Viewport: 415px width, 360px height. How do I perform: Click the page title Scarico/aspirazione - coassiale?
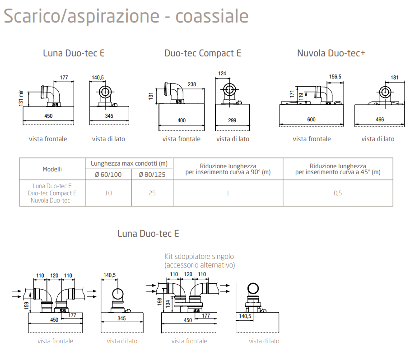click(x=126, y=16)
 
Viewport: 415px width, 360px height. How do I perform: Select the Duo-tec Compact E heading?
click(x=203, y=53)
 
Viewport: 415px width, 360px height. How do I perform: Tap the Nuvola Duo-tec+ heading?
click(x=331, y=53)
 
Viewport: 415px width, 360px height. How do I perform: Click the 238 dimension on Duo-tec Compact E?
click(x=191, y=84)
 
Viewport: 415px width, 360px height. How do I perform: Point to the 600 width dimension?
click(x=311, y=120)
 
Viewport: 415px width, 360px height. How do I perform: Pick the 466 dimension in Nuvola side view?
click(x=380, y=120)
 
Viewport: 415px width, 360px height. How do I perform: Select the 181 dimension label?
click(x=394, y=78)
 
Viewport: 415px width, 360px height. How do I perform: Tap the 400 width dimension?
click(x=182, y=120)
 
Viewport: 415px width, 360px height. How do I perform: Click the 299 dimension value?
click(x=232, y=120)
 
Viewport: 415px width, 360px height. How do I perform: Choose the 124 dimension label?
click(x=222, y=73)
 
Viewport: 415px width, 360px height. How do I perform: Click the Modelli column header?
click(x=52, y=169)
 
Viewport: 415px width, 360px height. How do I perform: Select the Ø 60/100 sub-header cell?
click(x=108, y=175)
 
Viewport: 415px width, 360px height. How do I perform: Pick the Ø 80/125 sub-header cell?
click(x=152, y=175)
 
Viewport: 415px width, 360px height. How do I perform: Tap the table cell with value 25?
click(x=152, y=193)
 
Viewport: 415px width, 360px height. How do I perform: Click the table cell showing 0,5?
click(x=338, y=193)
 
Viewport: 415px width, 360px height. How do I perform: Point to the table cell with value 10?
click(x=108, y=193)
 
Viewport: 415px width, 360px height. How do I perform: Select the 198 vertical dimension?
click(x=159, y=301)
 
